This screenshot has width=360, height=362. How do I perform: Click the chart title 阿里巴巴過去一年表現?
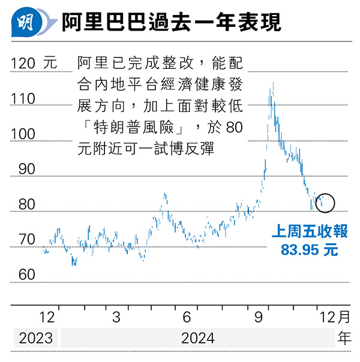[171, 24]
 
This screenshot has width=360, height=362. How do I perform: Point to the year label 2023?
[35, 338]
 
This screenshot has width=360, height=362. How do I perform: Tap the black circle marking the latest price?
[325, 202]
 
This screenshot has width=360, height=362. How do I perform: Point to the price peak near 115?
[273, 83]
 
